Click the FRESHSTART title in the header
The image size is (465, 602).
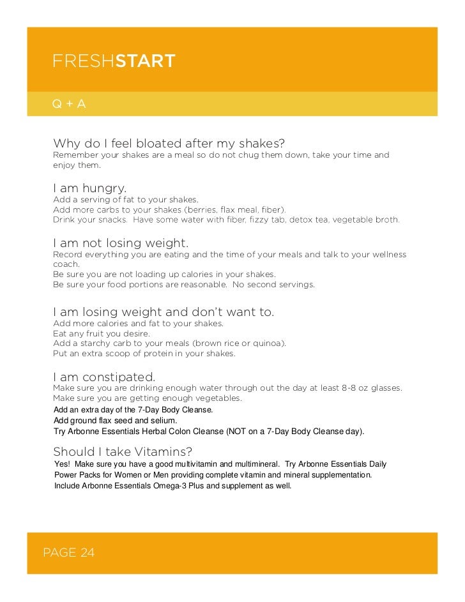point(114,62)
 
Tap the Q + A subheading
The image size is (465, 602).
point(69,103)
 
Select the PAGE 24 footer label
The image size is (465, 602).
point(68,552)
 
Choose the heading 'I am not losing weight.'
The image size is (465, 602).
point(121,243)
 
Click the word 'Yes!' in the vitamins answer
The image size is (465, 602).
point(63,464)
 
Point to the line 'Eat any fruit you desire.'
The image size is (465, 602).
point(102,333)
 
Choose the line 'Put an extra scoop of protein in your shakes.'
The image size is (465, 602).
point(144,353)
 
